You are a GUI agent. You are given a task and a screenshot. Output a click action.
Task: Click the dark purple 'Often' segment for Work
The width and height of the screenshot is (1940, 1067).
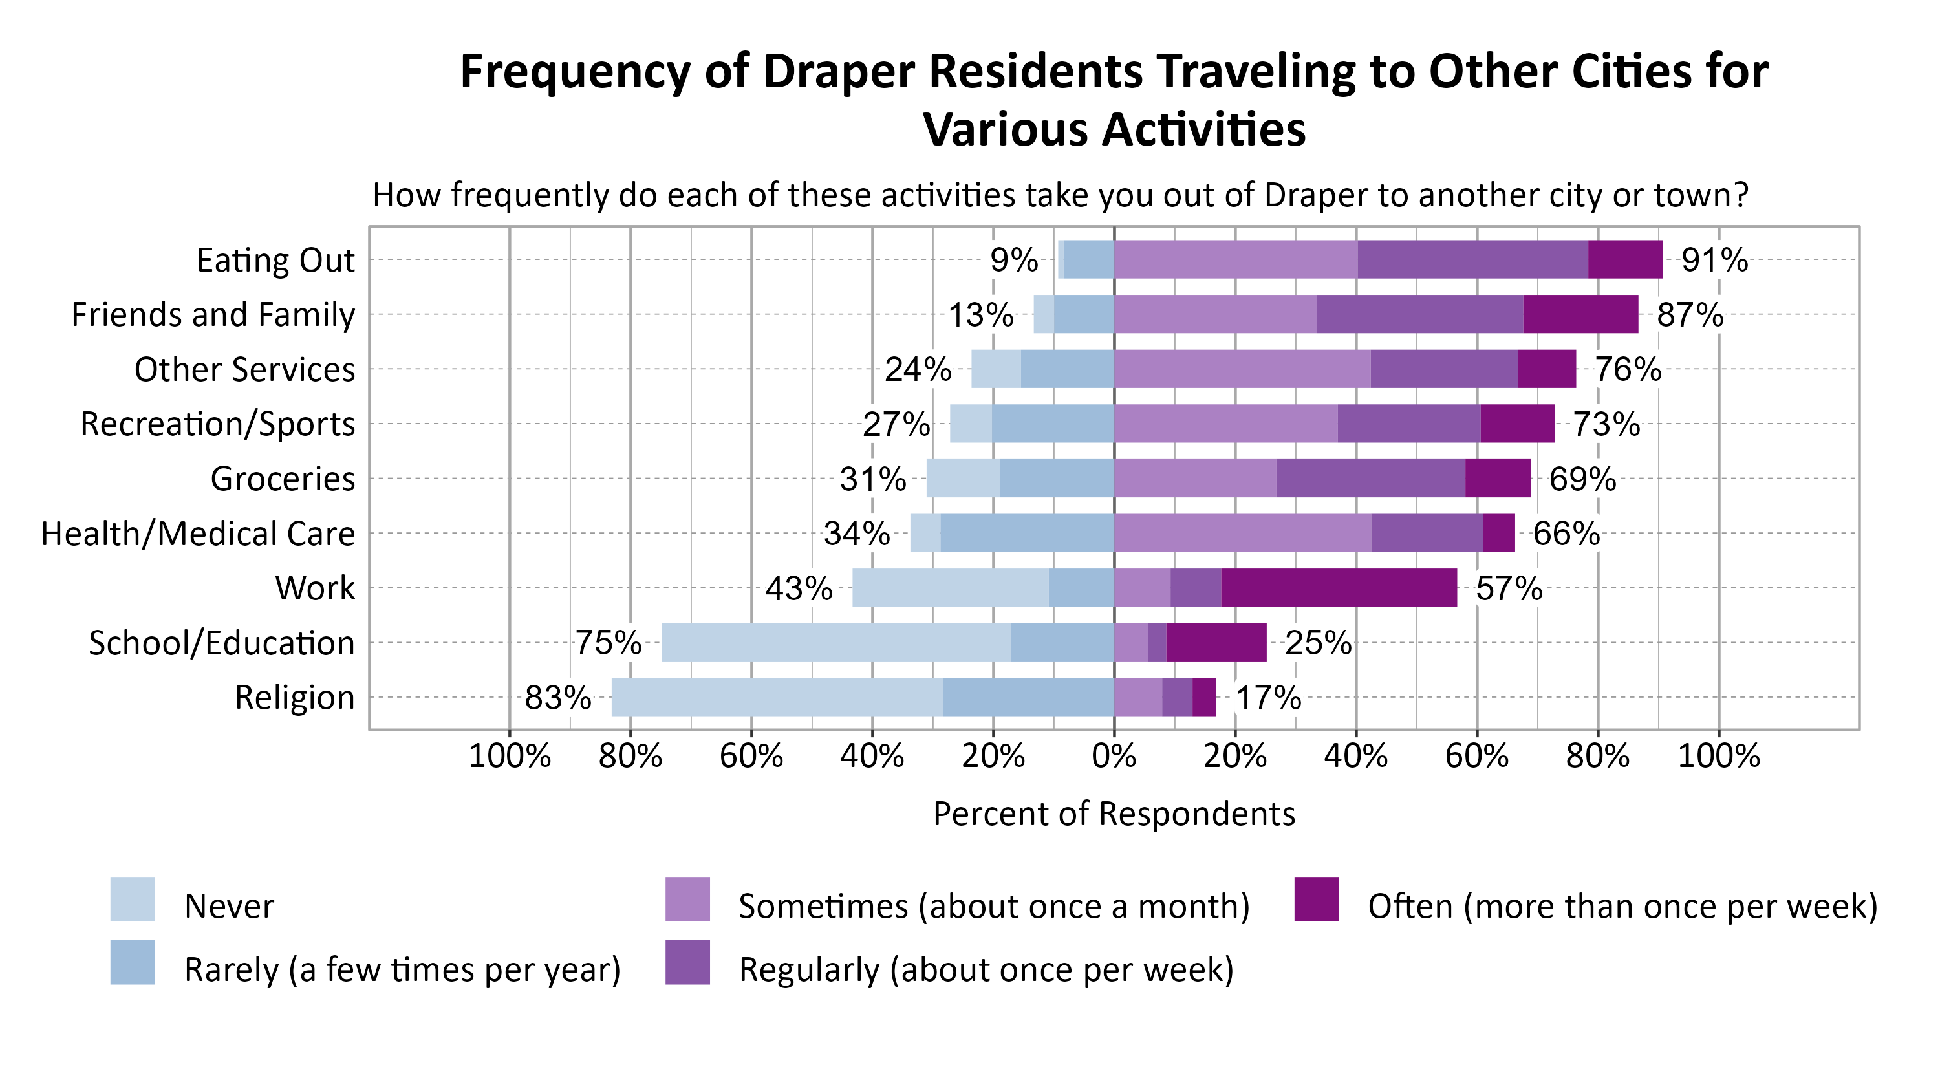pyautogui.click(x=1338, y=587)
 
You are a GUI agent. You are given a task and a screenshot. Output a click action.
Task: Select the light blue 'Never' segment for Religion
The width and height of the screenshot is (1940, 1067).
pyautogui.click(x=777, y=696)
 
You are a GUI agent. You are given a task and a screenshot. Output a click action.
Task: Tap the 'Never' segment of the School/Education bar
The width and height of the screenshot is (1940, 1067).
pyautogui.click(x=836, y=642)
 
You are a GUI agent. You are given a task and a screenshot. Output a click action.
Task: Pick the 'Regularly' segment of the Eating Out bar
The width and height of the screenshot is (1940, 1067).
pyautogui.click(x=1472, y=259)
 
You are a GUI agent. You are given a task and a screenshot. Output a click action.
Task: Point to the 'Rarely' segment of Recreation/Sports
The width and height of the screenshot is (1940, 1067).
pyautogui.click(x=1052, y=423)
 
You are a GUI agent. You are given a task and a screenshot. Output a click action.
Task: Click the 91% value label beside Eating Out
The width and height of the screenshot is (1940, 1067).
pyautogui.click(x=1714, y=260)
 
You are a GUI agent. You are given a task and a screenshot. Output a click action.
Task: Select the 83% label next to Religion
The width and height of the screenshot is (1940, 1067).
pyautogui.click(x=557, y=697)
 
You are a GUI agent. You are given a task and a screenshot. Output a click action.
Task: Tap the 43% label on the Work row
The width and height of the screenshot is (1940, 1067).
pyautogui.click(x=798, y=588)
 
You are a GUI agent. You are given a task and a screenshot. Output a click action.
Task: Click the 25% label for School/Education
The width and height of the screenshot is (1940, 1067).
pyautogui.click(x=1318, y=643)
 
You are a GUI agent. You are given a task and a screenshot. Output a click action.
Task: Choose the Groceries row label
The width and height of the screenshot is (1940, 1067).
pyautogui.click(x=283, y=478)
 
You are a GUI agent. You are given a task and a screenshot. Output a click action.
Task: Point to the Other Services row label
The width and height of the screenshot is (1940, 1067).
pyautogui.click(x=244, y=369)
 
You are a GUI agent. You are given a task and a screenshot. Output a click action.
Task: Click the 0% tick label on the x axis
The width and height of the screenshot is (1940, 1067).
pyautogui.click(x=1114, y=755)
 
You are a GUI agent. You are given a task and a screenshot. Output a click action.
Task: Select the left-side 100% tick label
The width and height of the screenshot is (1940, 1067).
pyautogui.click(x=509, y=755)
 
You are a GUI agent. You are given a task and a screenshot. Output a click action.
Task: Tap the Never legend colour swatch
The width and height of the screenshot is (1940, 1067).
pyautogui.click(x=133, y=899)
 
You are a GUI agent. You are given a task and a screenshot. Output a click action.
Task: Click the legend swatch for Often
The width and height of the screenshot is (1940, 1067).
pyautogui.click(x=1317, y=899)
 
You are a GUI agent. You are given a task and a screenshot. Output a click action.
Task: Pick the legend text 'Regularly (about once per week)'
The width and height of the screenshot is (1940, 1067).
pyautogui.click(x=986, y=969)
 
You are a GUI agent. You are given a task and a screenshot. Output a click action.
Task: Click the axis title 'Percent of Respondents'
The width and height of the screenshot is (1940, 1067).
pyautogui.click(x=1114, y=814)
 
